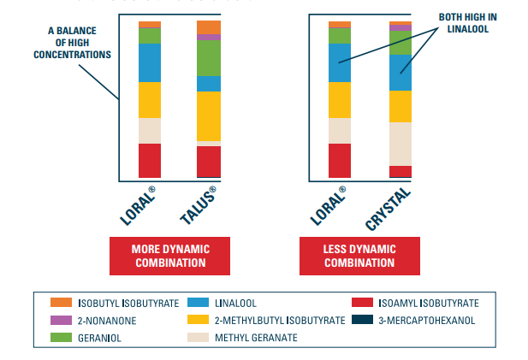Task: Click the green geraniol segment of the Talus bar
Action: tap(209, 58)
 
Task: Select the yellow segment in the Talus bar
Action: tap(209, 115)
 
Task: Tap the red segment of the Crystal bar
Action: tap(400, 171)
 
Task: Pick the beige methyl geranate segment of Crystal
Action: tap(400, 144)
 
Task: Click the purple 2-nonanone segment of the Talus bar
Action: tap(209, 38)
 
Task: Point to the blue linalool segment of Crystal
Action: tap(400, 73)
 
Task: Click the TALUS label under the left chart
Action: tap(200, 205)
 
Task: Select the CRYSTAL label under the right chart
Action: tap(389, 208)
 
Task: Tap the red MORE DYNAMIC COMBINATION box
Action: tap(170, 255)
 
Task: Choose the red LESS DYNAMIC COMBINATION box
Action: tap(359, 255)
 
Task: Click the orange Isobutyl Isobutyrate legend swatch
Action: tap(61, 303)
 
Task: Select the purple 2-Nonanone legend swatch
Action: tap(61, 320)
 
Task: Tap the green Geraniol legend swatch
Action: tap(61, 337)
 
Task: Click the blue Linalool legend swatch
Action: tap(199, 303)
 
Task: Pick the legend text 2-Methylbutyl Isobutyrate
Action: tap(280, 321)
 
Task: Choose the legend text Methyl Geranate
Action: tap(255, 338)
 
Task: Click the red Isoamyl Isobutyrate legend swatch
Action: tap(363, 303)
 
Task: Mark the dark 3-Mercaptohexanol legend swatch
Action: tap(363, 320)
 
